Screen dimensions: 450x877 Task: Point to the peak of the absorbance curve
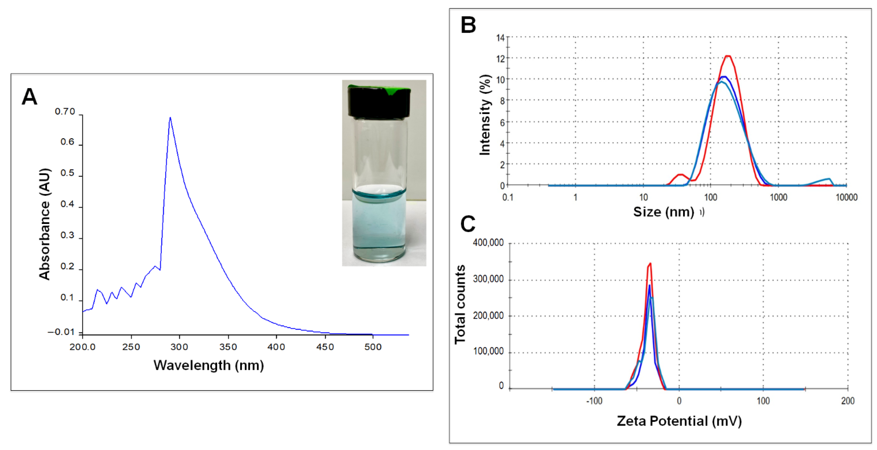170,118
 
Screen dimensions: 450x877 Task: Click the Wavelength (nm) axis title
209,365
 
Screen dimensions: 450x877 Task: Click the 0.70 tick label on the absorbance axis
65,112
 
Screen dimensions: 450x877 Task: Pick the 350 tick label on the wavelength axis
228,347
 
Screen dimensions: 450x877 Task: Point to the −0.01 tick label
61,332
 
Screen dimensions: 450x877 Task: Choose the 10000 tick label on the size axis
846,197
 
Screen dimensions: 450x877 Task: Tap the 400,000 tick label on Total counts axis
488,243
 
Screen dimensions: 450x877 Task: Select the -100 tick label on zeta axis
594,401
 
